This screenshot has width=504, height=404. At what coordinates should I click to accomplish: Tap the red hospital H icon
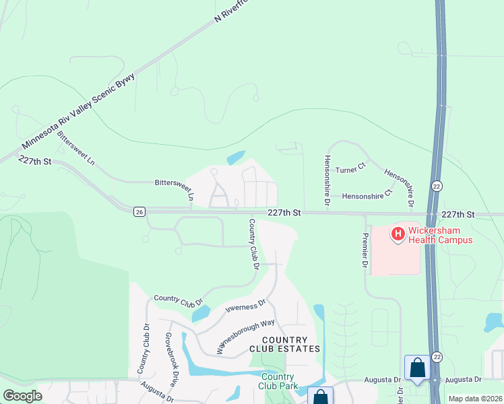pos(398,234)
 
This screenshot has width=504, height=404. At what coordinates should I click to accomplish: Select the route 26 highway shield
pos(139,211)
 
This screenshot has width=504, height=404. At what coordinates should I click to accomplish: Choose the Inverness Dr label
pos(246,308)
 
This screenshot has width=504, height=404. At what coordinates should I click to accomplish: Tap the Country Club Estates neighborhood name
pos(284,344)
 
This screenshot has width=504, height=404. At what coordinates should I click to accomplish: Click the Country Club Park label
pos(278,381)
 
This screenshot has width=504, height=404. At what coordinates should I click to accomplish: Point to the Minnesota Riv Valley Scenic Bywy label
pos(78,111)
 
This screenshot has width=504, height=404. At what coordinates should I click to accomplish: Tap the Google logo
pos(23,396)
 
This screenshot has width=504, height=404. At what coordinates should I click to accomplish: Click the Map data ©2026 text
pos(475,399)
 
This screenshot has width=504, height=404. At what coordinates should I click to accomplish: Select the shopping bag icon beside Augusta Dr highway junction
pos(417,368)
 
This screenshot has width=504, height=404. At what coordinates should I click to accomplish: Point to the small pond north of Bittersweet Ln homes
pos(236,158)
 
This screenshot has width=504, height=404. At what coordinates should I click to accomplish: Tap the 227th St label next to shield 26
pos(283,212)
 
